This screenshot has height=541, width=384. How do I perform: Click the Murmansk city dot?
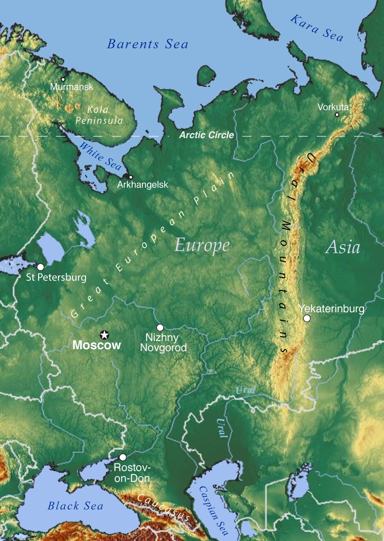pos(63,80)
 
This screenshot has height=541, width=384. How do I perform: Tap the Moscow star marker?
pos(104,335)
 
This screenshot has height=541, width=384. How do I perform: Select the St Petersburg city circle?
pos(40,267)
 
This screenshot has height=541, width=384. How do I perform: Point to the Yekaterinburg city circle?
pos(307,318)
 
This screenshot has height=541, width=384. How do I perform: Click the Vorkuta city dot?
pos(337,114)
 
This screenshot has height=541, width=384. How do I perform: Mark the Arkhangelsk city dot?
pos(131,177)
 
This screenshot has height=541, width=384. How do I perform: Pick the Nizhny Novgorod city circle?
pos(160,327)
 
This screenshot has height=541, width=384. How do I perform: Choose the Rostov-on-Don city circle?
pos(123,457)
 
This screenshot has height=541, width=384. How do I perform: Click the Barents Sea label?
pos(148,44)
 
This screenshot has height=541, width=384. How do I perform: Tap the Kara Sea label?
pos(317,28)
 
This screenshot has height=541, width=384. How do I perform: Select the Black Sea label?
pos(75,506)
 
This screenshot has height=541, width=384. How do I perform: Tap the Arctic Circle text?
pos(206,135)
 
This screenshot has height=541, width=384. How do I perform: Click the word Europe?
pos(202,245)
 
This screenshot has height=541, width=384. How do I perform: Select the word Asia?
pos(343,247)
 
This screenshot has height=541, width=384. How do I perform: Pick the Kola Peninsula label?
pos(99,115)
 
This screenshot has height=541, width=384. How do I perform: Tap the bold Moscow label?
pos(96,345)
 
